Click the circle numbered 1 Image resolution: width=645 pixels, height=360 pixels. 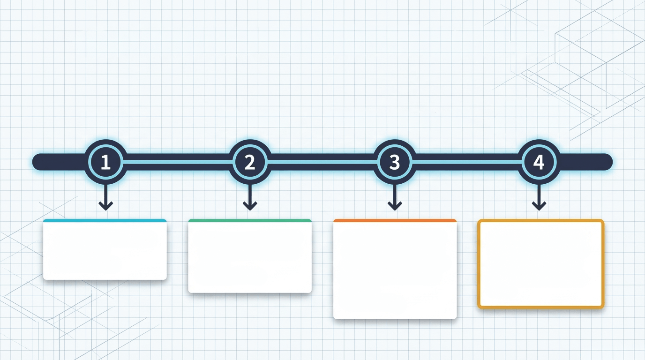pyautogui.click(x=105, y=162)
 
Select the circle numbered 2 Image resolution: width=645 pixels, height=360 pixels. pyautogui.click(x=250, y=162)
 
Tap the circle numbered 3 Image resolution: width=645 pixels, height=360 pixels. pyautogui.click(x=395, y=162)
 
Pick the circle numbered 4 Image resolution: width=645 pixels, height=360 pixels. pyautogui.click(x=539, y=162)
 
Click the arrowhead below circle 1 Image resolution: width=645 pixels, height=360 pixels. pyautogui.click(x=105, y=206)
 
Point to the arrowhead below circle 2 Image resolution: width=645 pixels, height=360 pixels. pyautogui.click(x=250, y=206)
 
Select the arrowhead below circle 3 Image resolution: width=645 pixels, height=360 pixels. pyautogui.click(x=395, y=206)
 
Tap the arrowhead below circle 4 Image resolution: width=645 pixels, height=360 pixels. pyautogui.click(x=539, y=206)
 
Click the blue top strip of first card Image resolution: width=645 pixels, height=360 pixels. pyautogui.click(x=105, y=221)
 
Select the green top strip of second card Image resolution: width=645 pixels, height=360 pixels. pyautogui.click(x=250, y=221)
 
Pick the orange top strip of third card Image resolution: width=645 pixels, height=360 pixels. pyautogui.click(x=395, y=221)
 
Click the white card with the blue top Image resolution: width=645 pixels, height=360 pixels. pyautogui.click(x=105, y=249)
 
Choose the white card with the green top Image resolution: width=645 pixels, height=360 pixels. pyautogui.click(x=250, y=256)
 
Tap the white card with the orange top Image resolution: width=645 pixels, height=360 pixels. pyautogui.click(x=395, y=269)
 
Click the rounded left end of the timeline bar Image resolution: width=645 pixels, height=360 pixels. pyautogui.click(x=36, y=162)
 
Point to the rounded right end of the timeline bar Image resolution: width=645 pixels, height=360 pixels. pyautogui.click(x=608, y=162)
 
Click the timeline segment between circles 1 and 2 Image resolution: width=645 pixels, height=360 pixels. pyautogui.click(x=178, y=162)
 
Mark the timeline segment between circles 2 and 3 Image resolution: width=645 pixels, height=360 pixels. pyautogui.click(x=322, y=162)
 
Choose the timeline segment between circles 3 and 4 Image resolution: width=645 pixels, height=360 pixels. pyautogui.click(x=467, y=162)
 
